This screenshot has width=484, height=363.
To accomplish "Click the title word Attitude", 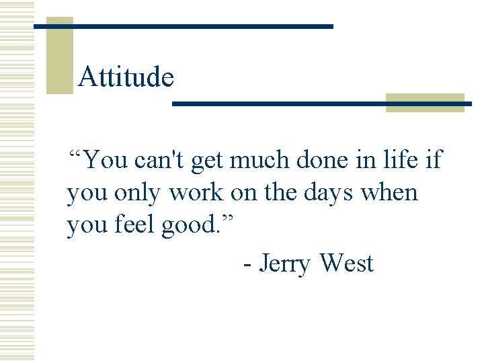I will click(126, 77).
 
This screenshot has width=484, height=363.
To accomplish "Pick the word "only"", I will click(138, 194).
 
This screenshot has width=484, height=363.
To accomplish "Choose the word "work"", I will click(196, 194).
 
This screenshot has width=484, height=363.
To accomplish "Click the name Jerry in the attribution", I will click(285, 264).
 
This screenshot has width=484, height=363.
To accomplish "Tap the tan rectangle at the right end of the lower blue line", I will click(425, 103).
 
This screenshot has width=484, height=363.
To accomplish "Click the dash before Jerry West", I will click(248, 264).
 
